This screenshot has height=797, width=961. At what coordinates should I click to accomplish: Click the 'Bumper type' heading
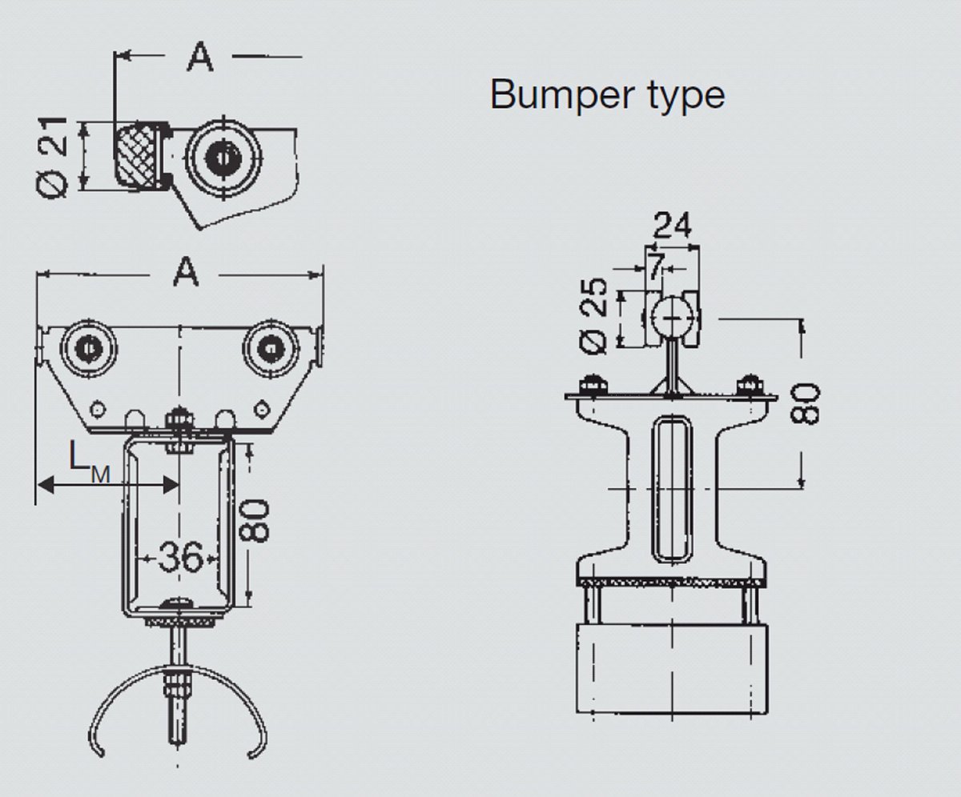click(x=607, y=94)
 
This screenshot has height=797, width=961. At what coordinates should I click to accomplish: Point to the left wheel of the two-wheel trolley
click(x=86, y=349)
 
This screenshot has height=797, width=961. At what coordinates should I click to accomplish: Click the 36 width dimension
click(x=179, y=556)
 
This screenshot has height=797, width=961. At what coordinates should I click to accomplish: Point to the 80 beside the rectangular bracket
click(x=258, y=520)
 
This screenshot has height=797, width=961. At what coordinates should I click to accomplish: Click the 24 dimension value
click(x=671, y=226)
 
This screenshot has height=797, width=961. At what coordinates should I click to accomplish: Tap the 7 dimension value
click(x=656, y=267)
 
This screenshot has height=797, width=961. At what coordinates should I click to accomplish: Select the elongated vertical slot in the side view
click(x=671, y=487)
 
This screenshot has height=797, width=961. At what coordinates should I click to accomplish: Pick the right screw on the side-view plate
click(x=750, y=386)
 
